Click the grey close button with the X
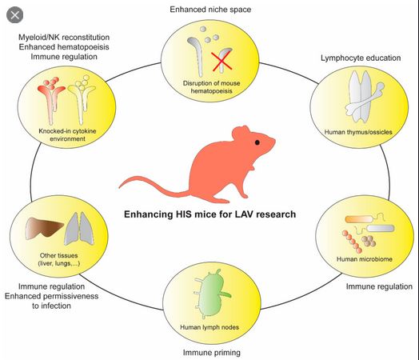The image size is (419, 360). (x=14, y=15)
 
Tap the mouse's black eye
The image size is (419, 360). (x=257, y=142)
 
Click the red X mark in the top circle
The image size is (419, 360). (x=221, y=62)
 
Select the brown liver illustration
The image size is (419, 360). (x=44, y=227)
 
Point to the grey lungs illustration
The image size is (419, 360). (x=79, y=229)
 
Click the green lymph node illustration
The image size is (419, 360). (x=213, y=294)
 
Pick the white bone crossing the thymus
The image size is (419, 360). (x=365, y=100)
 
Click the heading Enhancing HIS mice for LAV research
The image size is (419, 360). (x=209, y=214)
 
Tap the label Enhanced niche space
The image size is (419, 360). (x=210, y=10)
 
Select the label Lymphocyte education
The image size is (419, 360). (x=361, y=58)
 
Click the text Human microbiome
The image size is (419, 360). (x=364, y=259)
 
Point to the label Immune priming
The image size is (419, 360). (x=212, y=353)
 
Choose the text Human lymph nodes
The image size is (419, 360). (x=209, y=327)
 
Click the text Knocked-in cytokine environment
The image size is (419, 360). (x=67, y=135)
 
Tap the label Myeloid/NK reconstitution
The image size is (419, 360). (x=64, y=37)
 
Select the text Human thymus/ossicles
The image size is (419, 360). (x=358, y=132)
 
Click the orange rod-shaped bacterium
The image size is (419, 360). (x=358, y=219)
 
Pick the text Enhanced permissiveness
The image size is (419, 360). (x=51, y=296)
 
